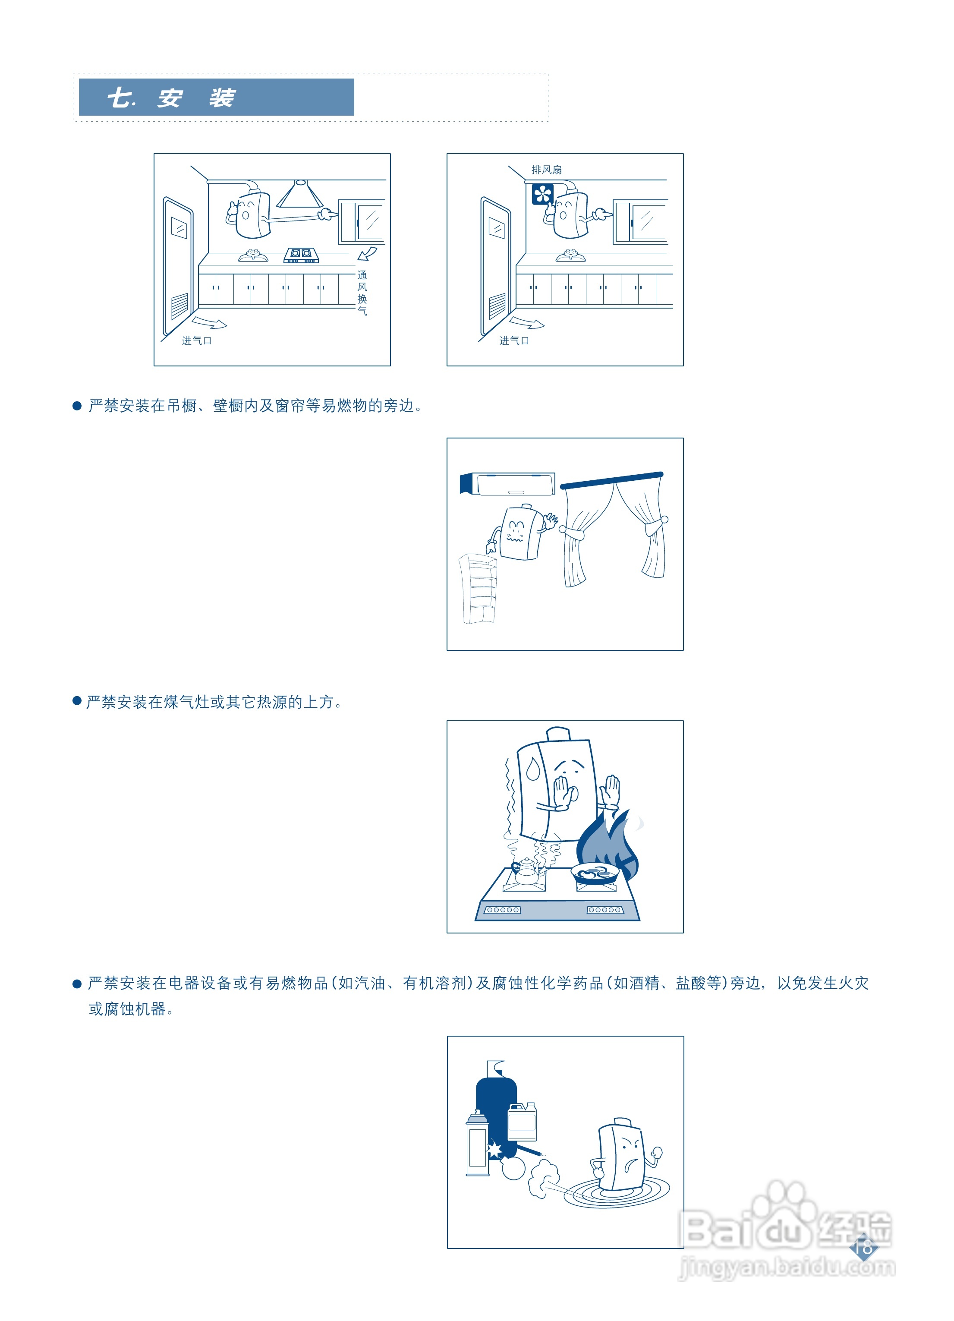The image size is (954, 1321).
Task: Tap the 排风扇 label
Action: [546, 170]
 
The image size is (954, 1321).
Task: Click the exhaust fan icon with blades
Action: [542, 194]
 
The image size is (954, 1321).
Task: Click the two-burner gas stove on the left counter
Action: [301, 255]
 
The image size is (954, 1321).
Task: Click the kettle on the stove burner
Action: [526, 872]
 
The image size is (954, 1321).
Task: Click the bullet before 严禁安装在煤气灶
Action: [77, 701]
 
